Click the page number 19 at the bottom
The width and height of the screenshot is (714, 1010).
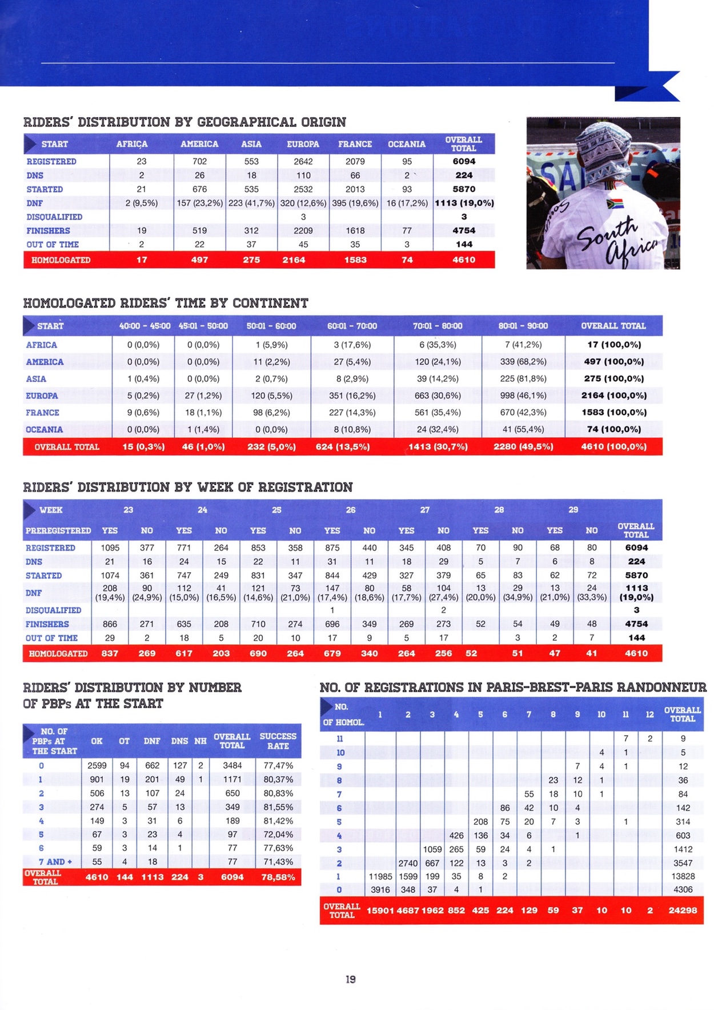point(351,979)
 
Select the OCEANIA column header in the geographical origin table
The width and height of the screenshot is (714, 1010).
point(407,144)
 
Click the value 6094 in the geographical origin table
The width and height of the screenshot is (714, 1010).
point(464,161)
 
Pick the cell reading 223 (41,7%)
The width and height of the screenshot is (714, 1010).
point(251,203)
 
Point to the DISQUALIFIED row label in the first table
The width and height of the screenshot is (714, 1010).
point(54,217)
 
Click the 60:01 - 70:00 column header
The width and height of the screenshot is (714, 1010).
point(352,326)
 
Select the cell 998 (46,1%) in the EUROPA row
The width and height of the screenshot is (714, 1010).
point(523,396)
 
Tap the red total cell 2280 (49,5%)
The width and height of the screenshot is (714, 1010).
point(523,447)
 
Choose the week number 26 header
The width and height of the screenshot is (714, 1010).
point(351,510)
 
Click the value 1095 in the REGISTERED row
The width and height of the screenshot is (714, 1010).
point(110,548)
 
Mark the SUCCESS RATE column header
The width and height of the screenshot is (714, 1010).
point(278,741)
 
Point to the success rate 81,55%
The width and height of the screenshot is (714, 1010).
point(278,807)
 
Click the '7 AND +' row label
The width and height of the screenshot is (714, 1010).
point(55,861)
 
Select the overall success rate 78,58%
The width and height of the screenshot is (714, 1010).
point(278,877)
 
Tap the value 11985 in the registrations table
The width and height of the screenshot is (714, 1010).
point(380,876)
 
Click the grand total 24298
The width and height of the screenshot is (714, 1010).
point(683,910)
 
